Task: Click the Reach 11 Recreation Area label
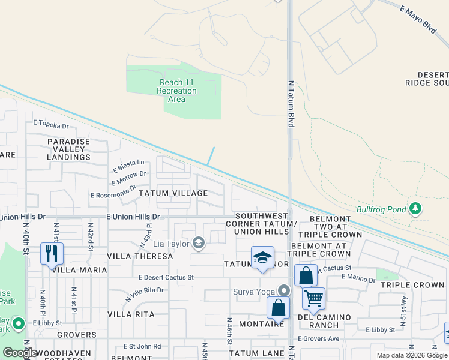tap(176, 91)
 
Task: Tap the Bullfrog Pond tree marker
tap(415, 209)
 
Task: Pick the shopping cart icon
tap(313, 298)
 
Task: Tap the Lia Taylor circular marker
tap(199, 243)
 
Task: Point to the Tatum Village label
tap(173, 193)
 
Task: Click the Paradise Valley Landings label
tap(69, 149)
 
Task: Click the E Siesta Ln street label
tap(128, 163)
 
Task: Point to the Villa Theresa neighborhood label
tap(140, 256)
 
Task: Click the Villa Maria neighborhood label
tap(79, 270)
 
